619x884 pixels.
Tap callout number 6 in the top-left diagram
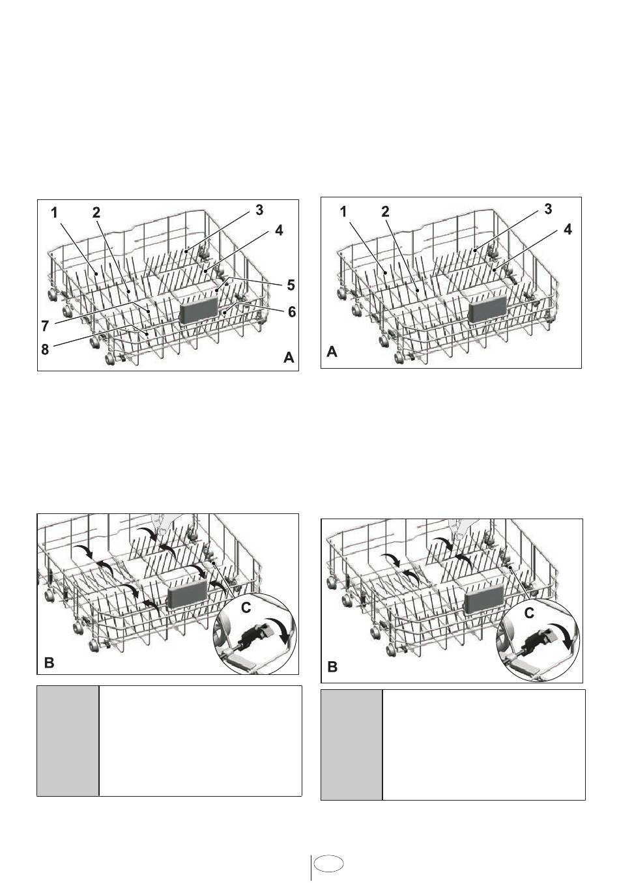[292, 313]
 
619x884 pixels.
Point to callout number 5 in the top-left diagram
[291, 285]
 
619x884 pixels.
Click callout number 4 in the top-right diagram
[568, 230]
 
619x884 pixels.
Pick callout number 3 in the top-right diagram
[548, 209]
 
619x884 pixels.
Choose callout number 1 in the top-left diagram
[55, 212]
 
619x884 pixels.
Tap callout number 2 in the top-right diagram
[385, 212]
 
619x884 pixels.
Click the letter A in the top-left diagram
[289, 358]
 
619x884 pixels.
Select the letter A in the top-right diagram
[332, 352]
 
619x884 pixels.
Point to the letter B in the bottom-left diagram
[49, 663]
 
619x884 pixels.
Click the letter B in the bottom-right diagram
[332, 668]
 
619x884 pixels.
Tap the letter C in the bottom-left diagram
[245, 608]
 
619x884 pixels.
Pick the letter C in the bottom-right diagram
[529, 613]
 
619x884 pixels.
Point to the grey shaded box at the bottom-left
[68, 740]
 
